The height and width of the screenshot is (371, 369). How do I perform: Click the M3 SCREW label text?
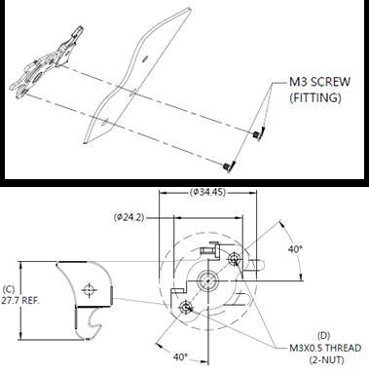(x=319, y=82)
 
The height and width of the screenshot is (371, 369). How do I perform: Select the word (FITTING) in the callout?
(x=315, y=97)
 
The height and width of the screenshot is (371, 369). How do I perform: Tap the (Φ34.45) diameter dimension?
(x=207, y=192)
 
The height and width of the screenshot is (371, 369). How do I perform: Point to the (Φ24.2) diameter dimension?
(x=129, y=217)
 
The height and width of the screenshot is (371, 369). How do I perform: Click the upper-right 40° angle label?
(x=295, y=249)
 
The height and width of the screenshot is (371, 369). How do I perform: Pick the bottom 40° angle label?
(x=180, y=357)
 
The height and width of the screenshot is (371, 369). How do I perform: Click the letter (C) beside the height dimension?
(x=9, y=289)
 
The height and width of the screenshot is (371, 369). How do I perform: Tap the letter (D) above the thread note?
(x=323, y=336)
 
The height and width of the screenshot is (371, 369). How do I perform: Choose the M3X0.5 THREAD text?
(x=325, y=348)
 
